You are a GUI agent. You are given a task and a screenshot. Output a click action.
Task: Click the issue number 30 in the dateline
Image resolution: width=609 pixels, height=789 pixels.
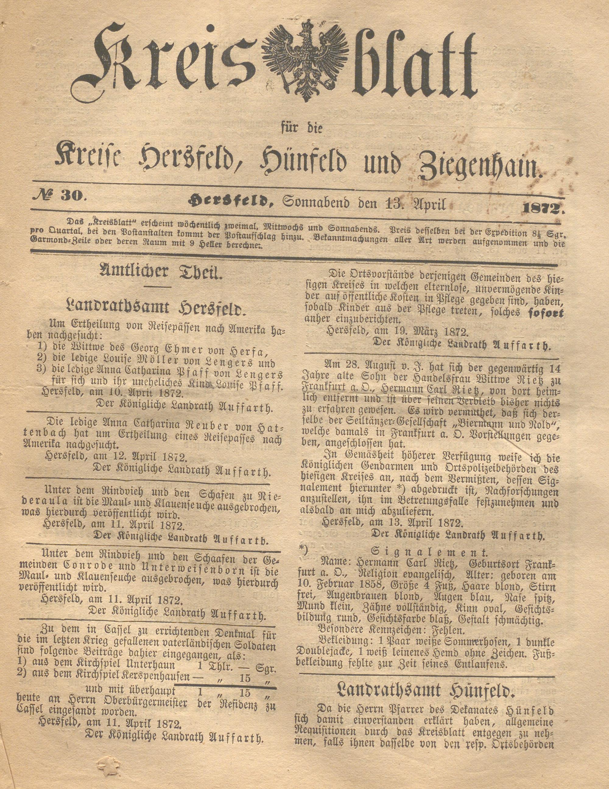pyautogui.click(x=74, y=197)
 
